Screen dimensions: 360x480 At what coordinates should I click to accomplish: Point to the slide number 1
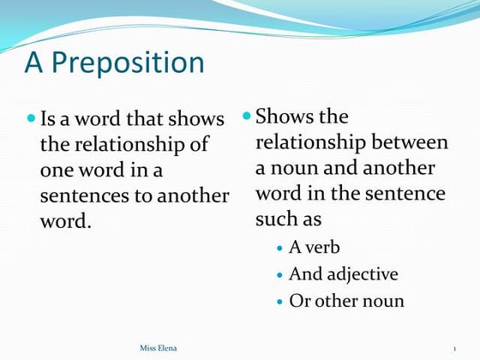pos(453,348)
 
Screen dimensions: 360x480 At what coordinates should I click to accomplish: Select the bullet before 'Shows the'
pos(247,115)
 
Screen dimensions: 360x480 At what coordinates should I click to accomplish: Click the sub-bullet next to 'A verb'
pos(282,249)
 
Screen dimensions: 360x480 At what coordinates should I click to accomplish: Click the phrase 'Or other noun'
pos(346,301)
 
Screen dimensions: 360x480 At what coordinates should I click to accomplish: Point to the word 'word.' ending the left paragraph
pos(65,221)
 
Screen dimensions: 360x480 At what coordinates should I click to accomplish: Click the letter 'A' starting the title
pos(33,63)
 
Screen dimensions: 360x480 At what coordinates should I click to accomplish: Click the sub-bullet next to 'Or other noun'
pos(282,302)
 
